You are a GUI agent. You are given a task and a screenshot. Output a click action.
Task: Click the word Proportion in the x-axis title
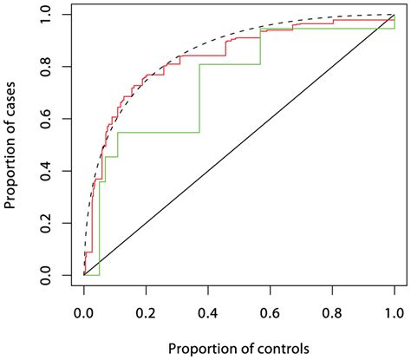(199, 348)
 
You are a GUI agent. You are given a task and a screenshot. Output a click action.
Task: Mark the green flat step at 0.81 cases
(230, 64)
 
